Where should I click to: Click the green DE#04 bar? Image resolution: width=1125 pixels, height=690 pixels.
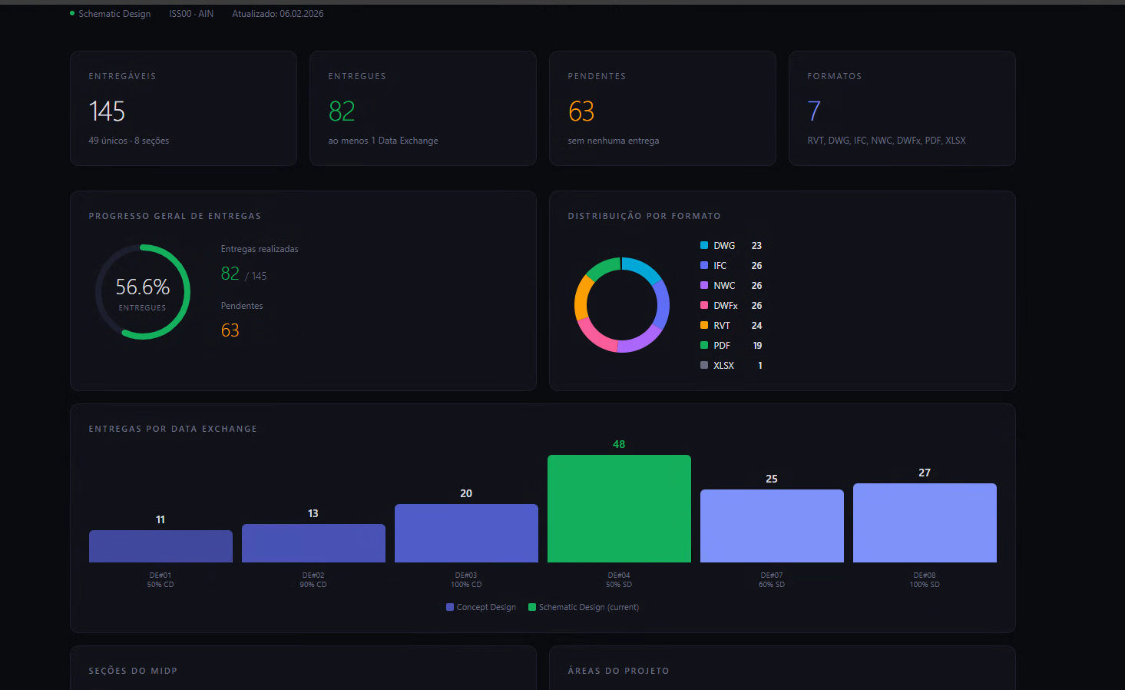tap(619, 509)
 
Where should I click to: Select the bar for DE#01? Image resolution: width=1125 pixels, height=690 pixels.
tap(160, 546)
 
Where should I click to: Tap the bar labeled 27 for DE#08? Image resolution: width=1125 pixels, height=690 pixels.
tap(925, 522)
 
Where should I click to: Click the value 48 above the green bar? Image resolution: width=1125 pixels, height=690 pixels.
tap(619, 444)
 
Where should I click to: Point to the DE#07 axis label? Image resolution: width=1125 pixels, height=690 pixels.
tap(772, 579)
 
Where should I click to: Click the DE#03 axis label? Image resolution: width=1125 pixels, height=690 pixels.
tap(466, 579)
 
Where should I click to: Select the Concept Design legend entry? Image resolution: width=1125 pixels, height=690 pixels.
tap(481, 607)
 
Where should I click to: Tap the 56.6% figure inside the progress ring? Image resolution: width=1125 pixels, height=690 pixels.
tap(143, 287)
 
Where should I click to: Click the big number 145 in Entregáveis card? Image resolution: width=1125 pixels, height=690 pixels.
tap(107, 111)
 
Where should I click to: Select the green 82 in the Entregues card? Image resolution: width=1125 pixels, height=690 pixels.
tap(342, 111)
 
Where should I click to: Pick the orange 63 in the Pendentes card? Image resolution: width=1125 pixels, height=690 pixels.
tap(581, 111)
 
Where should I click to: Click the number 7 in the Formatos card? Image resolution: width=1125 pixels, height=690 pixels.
tap(814, 111)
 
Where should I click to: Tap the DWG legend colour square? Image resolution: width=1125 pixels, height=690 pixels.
tap(704, 245)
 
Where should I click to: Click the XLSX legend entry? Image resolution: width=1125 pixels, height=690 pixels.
tap(723, 366)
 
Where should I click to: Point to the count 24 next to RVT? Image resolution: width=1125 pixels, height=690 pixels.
tap(756, 326)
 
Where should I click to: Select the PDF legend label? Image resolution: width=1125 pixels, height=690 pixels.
tap(722, 346)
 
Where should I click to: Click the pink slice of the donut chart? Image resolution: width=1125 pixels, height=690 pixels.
tap(594, 336)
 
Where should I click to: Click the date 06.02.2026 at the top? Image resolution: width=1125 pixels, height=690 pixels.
tap(301, 14)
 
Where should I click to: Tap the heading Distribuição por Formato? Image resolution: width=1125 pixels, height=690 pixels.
tap(644, 216)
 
